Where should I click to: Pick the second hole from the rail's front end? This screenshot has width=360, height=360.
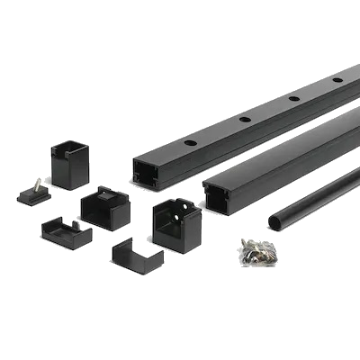pyautogui.click(x=244, y=119)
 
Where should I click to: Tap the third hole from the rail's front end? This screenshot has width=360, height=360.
pyautogui.click(x=294, y=97)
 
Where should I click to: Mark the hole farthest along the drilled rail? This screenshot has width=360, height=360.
pyautogui.click(x=337, y=80)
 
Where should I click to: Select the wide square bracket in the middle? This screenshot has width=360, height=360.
pyautogui.click(x=105, y=209)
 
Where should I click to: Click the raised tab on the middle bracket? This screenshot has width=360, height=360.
pyautogui.click(x=109, y=192)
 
